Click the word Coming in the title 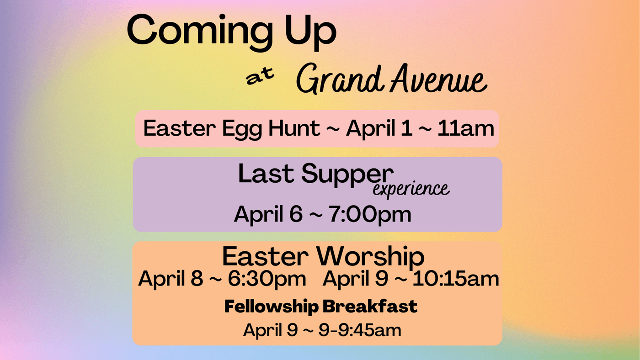(x=200, y=32)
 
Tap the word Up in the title (x=310, y=32)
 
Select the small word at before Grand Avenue (x=260, y=76)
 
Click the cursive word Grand (x=339, y=79)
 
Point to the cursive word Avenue (x=438, y=78)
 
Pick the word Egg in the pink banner (x=242, y=129)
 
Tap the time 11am (x=466, y=128)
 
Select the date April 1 (x=379, y=129)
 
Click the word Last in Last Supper (x=266, y=173)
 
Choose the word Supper (x=347, y=175)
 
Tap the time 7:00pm (x=369, y=214)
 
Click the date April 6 (x=268, y=215)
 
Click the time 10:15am (x=456, y=278)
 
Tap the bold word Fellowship (x=272, y=307)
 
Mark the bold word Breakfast (x=370, y=306)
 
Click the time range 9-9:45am (x=360, y=330)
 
